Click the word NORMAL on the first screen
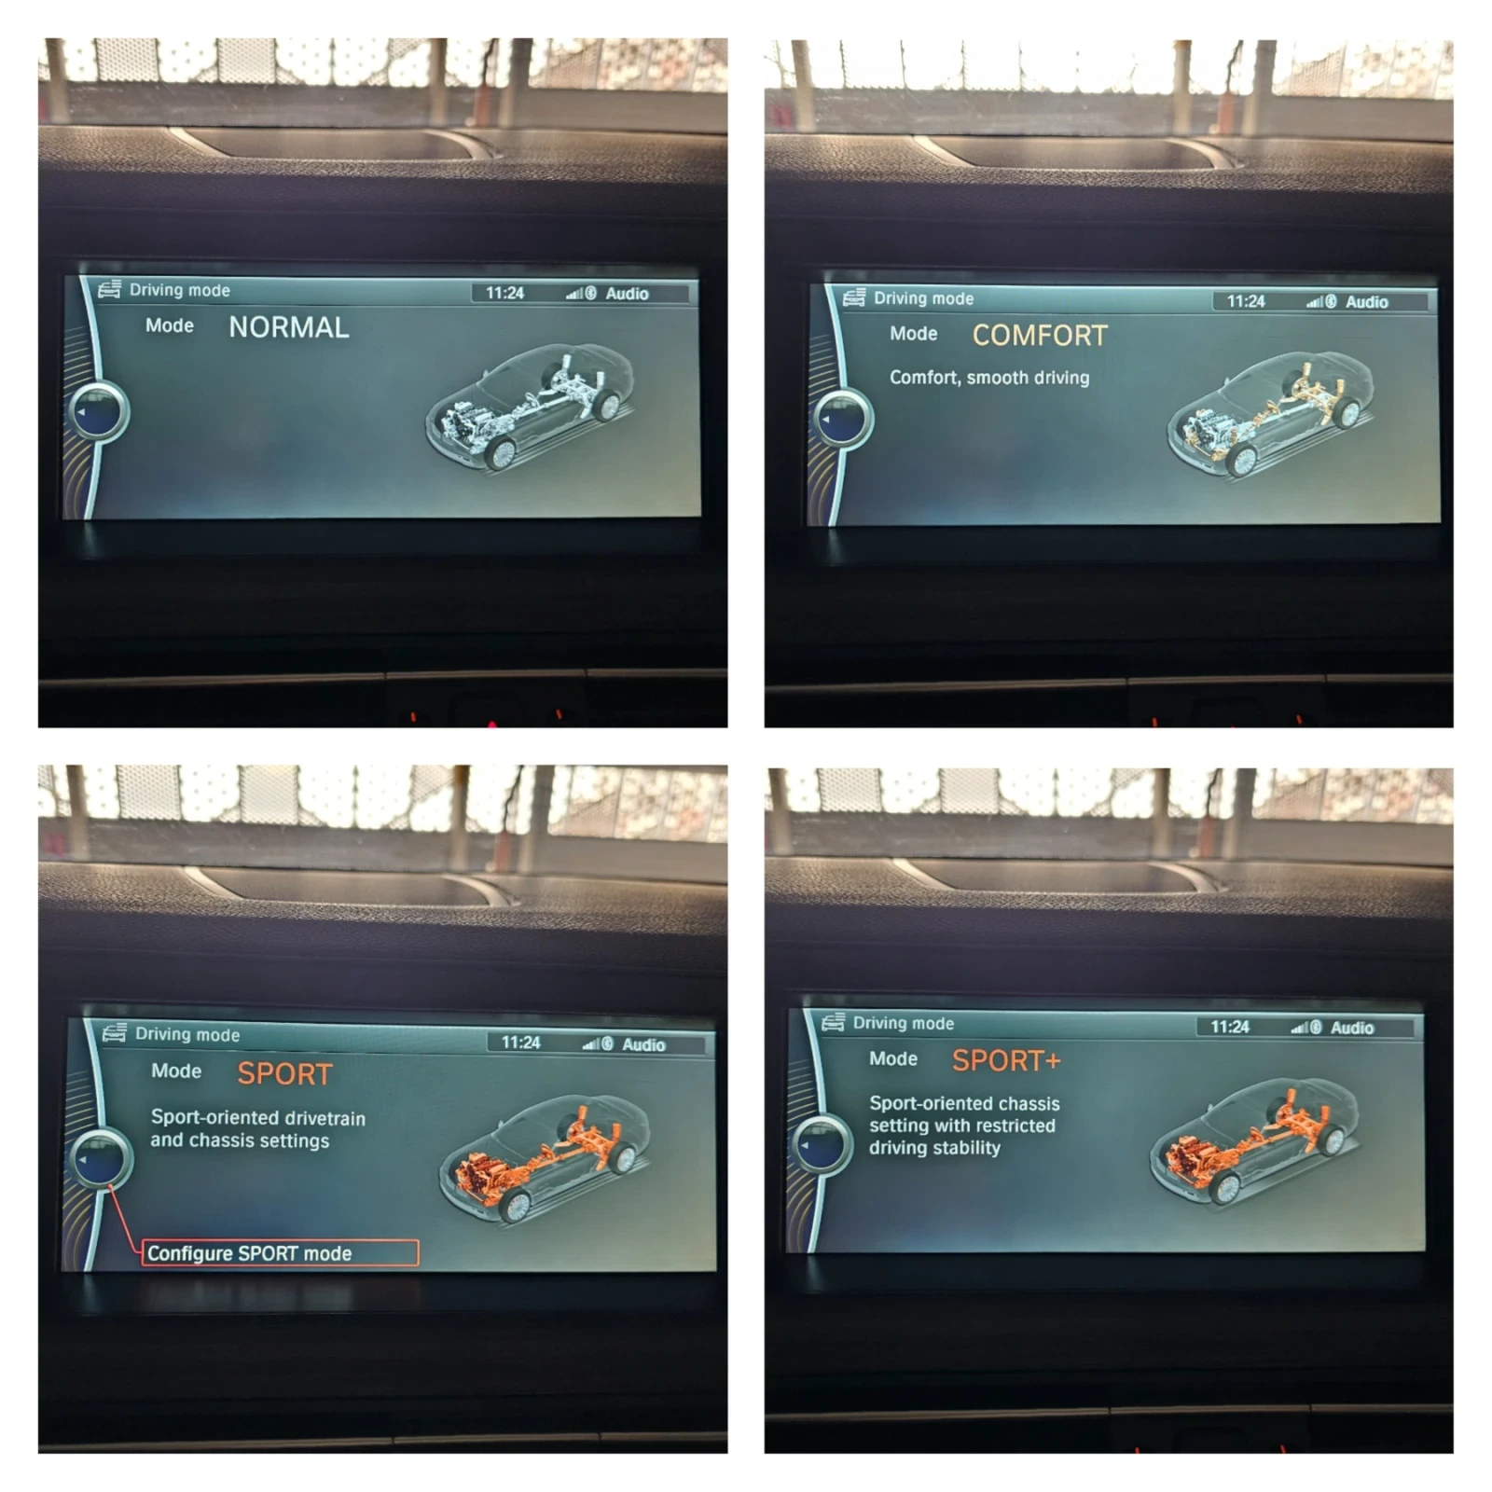coord(289,327)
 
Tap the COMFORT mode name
coord(1040,336)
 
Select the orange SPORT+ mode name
coord(1006,1060)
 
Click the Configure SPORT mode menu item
coord(281,1253)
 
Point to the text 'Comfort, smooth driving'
coord(989,378)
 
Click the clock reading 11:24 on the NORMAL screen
coord(504,293)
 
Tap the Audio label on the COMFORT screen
coord(1366,302)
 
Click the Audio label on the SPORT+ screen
coord(1352,1028)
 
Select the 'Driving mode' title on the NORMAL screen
coord(180,290)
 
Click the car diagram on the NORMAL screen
coord(530,407)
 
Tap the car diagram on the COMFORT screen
coord(1271,415)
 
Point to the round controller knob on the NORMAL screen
coord(100,411)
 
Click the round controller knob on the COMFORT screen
coord(843,419)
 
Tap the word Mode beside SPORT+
coord(893,1059)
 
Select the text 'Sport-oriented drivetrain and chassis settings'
coord(258,1129)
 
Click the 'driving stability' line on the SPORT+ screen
coord(934,1148)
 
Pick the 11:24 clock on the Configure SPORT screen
coord(520,1043)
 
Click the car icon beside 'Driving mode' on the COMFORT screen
coord(853,297)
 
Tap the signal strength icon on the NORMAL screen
coord(573,294)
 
